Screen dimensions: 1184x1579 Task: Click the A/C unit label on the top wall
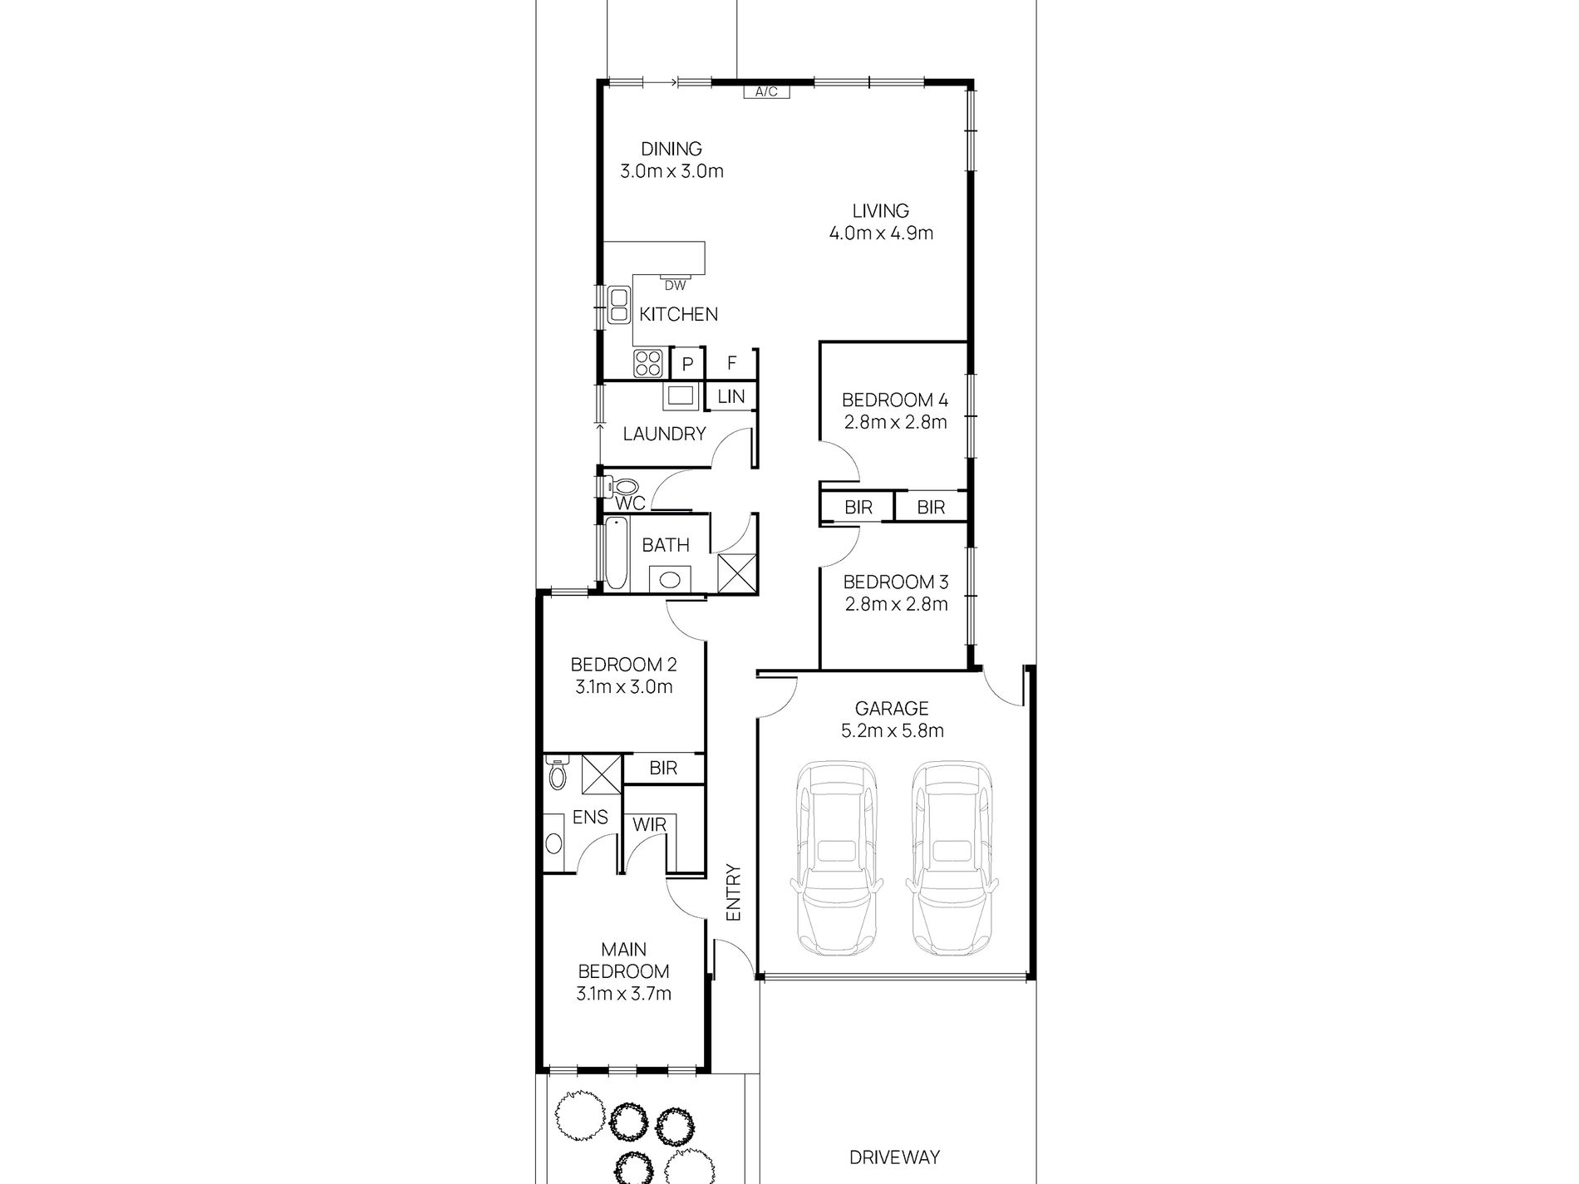click(x=766, y=91)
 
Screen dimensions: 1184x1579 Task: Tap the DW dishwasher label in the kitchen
click(x=675, y=286)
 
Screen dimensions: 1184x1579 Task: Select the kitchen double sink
click(x=618, y=305)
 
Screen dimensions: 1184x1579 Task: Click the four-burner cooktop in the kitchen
click(x=648, y=363)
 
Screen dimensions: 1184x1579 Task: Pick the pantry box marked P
click(x=687, y=364)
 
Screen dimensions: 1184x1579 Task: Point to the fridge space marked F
click(x=731, y=363)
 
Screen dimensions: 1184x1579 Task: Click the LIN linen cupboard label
click(x=730, y=396)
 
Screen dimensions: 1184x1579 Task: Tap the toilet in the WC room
click(x=622, y=487)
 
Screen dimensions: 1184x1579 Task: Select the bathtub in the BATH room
click(x=616, y=552)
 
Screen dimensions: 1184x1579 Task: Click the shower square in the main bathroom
click(x=736, y=573)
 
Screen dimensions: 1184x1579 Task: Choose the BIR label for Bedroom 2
click(x=663, y=768)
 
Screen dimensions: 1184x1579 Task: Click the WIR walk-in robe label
click(x=649, y=825)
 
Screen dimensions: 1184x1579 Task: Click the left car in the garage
click(x=835, y=860)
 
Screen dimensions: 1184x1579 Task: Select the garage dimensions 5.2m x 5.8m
click(x=892, y=731)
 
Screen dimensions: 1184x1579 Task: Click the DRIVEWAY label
click(x=894, y=1157)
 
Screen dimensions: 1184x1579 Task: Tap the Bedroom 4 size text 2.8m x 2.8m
click(x=895, y=422)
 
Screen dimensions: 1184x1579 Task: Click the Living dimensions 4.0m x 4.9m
click(x=881, y=233)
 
